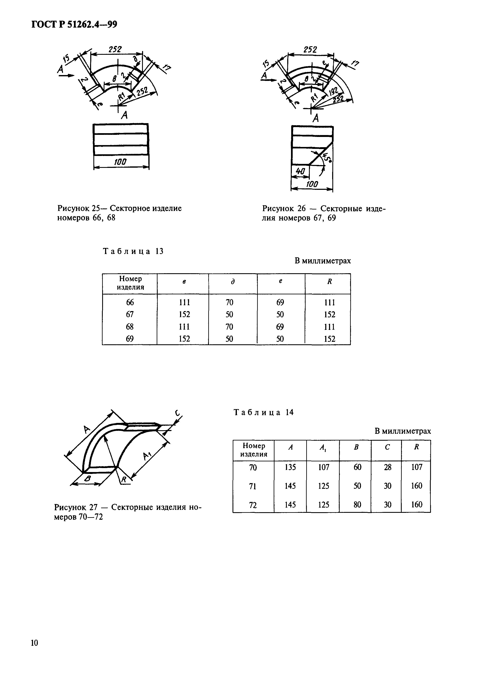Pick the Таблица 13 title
coord(133,251)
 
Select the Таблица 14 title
coord(264,412)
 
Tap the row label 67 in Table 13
coord(130,314)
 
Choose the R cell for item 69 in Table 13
coord(329,339)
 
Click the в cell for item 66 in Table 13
coord(184,302)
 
